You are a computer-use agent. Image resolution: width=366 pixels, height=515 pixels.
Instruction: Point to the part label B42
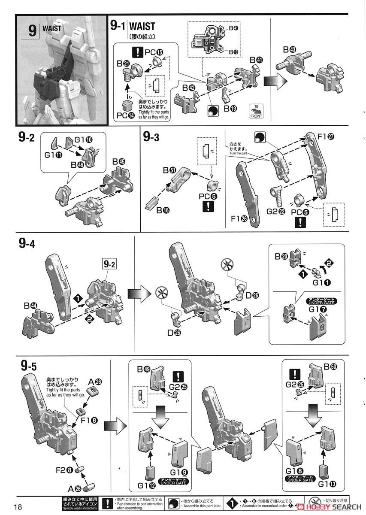188,88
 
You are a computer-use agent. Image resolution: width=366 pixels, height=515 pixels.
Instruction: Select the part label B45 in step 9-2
119,161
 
